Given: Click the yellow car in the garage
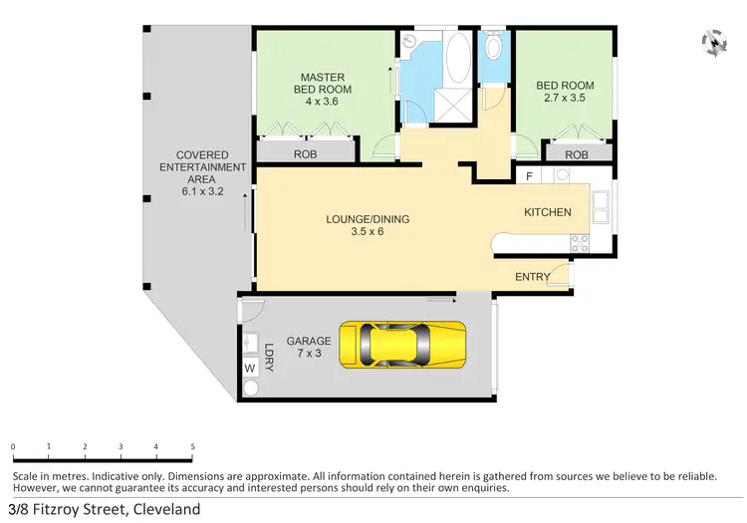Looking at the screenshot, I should pyautogui.click(x=403, y=344).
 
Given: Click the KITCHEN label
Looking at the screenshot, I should pyautogui.click(x=548, y=212).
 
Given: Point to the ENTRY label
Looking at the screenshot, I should pyautogui.click(x=532, y=277).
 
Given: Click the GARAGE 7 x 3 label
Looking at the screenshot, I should pyautogui.click(x=308, y=347).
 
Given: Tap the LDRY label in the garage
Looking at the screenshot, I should pyautogui.click(x=269, y=357).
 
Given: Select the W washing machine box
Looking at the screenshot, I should pyautogui.click(x=249, y=368).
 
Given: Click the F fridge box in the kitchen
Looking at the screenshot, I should pyautogui.click(x=530, y=176).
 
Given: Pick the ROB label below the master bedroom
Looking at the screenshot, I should pyautogui.click(x=305, y=154).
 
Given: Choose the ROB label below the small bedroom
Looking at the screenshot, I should pyautogui.click(x=576, y=154).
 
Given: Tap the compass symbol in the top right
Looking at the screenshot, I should pyautogui.click(x=713, y=42).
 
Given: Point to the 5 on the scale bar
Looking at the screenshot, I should pyautogui.click(x=192, y=447).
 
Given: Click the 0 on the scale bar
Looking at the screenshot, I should pyautogui.click(x=13, y=447).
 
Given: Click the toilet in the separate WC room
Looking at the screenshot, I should pyautogui.click(x=493, y=47).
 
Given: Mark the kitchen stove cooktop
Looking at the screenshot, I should pyautogui.click(x=578, y=241).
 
